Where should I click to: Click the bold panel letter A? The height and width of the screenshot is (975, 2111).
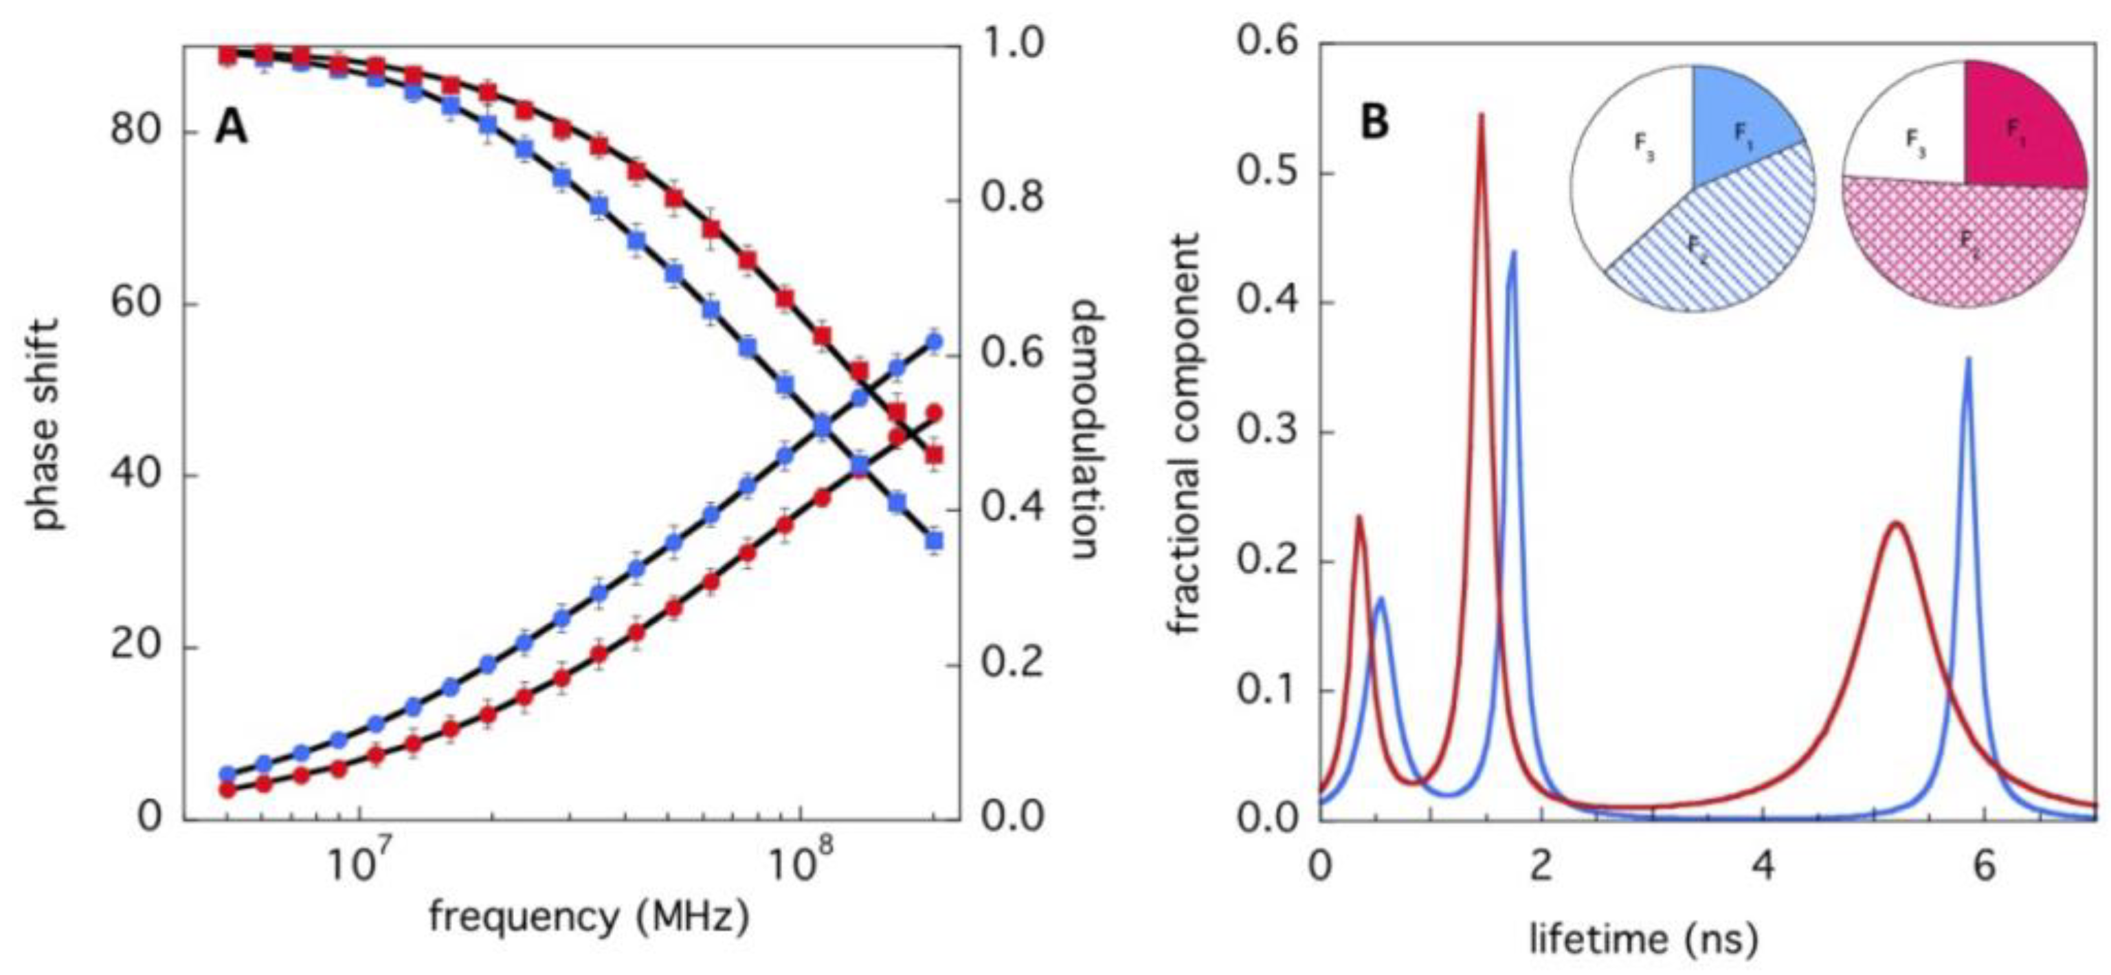[x=231, y=128]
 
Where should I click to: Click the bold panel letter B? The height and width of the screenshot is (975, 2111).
[x=1374, y=123]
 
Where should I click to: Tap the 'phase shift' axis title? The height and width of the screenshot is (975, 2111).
[x=47, y=425]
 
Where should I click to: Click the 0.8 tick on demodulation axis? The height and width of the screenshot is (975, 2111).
[x=1012, y=199]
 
